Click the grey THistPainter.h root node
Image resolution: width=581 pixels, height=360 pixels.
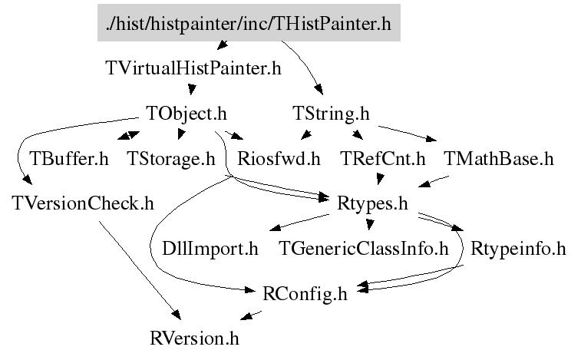coord(249,24)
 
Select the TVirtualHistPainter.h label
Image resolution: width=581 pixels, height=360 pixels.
coord(192,68)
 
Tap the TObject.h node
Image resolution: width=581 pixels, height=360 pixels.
coord(186,114)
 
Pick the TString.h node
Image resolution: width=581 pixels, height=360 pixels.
coord(331,114)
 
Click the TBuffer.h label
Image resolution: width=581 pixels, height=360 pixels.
coord(68,159)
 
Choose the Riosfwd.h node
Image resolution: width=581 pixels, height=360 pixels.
coord(279,159)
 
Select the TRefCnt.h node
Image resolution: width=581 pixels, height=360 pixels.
coord(381,159)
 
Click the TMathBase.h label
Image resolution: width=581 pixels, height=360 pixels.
coord(498,159)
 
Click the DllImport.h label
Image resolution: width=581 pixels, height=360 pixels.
coord(210,249)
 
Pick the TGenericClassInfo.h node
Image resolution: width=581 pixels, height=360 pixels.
coord(363,249)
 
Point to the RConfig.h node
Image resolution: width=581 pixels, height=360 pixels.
coord(305,293)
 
